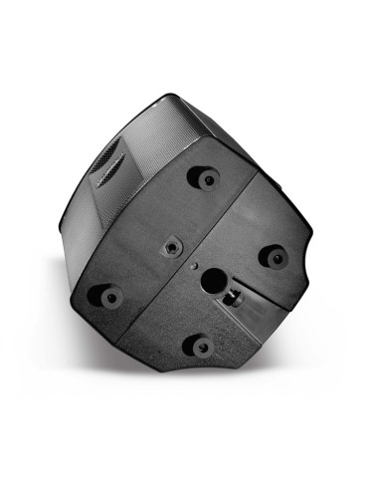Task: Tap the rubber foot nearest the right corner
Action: [x=273, y=256]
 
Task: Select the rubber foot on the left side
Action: [x=105, y=296]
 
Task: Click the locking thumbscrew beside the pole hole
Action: [x=236, y=296]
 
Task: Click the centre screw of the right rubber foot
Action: [x=274, y=255]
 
